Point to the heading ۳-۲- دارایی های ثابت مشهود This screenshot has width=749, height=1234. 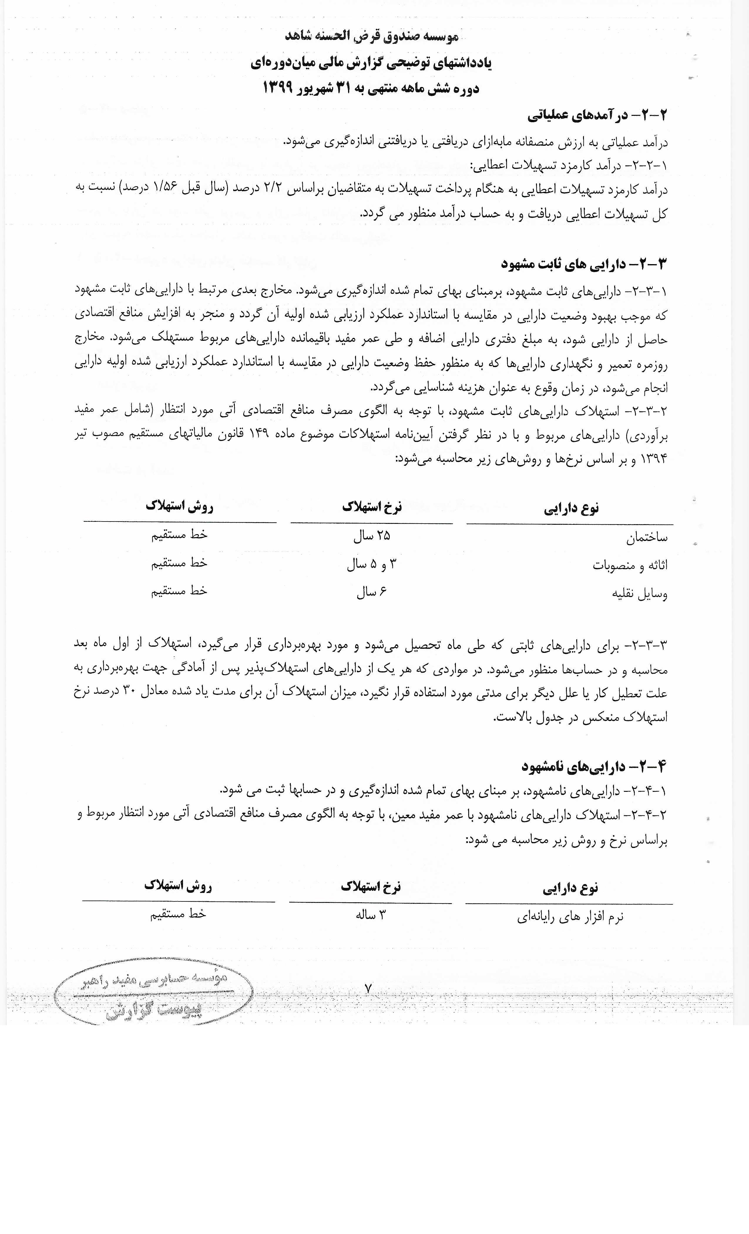(x=585, y=264)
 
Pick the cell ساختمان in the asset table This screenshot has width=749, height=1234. (x=646, y=538)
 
